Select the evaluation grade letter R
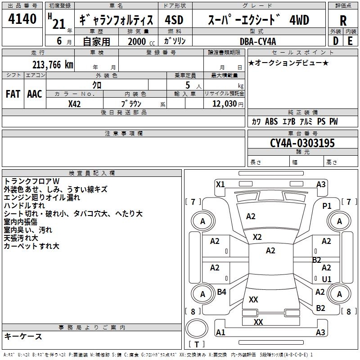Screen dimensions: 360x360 tap(343, 21)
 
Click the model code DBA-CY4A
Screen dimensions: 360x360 tap(258, 41)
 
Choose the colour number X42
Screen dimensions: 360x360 tap(75, 104)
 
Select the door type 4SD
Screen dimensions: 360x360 tap(174, 20)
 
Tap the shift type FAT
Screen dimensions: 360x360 tap(13, 94)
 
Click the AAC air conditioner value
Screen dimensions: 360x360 tap(35, 94)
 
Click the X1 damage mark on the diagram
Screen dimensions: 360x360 tap(220, 184)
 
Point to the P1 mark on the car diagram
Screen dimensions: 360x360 tap(327, 206)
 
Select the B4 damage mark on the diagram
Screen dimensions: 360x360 tap(221, 292)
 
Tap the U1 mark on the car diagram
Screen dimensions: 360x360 tap(327, 279)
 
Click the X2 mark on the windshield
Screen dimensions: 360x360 tap(257, 237)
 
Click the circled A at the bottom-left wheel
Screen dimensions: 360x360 tap(202, 294)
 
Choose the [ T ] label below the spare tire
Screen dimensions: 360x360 tap(197, 344)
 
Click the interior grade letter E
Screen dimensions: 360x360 tap(350, 41)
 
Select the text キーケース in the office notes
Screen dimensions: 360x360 tap(23, 336)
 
